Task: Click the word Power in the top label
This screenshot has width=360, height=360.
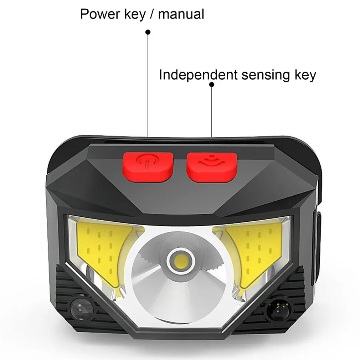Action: (x=100, y=14)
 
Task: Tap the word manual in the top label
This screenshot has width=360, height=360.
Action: (x=181, y=14)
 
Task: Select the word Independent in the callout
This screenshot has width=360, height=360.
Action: (x=199, y=75)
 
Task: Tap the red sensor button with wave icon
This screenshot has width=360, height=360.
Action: (x=211, y=167)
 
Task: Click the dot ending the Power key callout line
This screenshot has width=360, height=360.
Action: (x=148, y=32)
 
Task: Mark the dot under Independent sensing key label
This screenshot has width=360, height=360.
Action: (x=212, y=85)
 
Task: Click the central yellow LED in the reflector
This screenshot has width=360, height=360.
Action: (x=181, y=261)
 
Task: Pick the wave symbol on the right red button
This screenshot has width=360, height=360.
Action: (x=211, y=161)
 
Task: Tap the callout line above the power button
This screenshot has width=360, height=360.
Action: (x=148, y=84)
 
